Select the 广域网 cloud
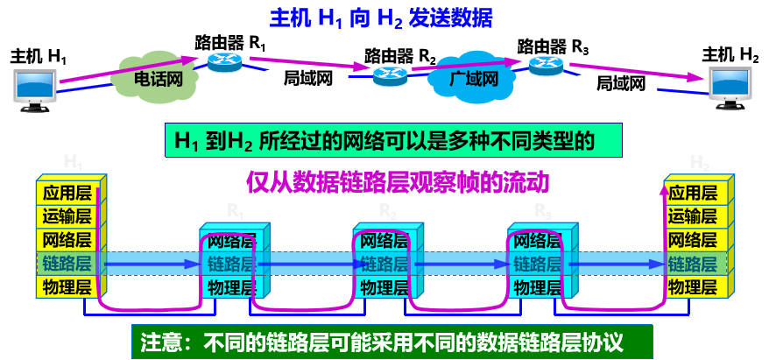coord(473,80)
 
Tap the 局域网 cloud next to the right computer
coord(620,84)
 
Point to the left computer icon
coord(34,87)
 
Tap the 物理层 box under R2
coord(383,286)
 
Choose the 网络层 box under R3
coord(537,240)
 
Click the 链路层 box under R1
coord(230,263)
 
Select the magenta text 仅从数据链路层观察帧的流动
coord(397,183)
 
